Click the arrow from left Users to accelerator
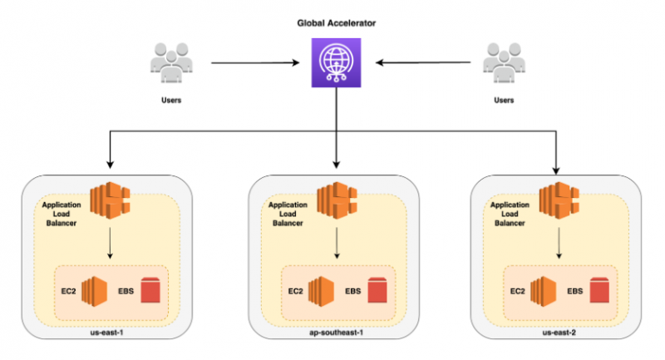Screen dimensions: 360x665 (x=254, y=62)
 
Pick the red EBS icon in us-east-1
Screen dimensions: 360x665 (x=150, y=292)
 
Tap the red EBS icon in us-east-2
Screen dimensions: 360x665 (x=599, y=292)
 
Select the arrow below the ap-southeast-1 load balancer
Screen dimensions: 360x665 (x=336, y=244)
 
